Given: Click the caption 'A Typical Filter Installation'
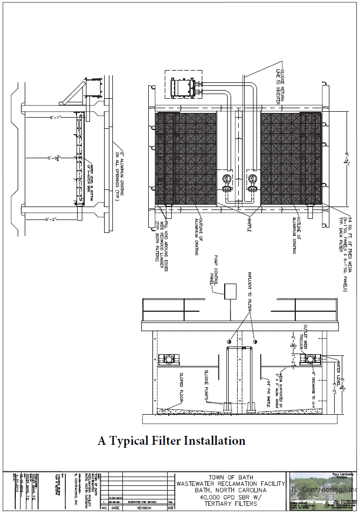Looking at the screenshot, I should click(171, 441).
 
